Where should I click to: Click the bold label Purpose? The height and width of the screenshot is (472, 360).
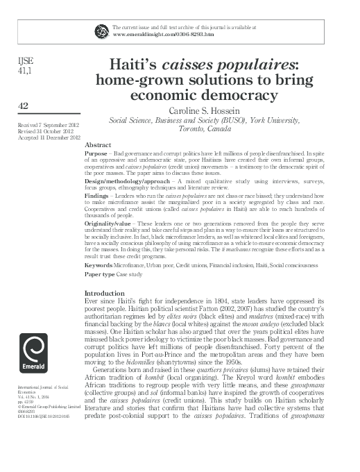coord(96,151)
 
